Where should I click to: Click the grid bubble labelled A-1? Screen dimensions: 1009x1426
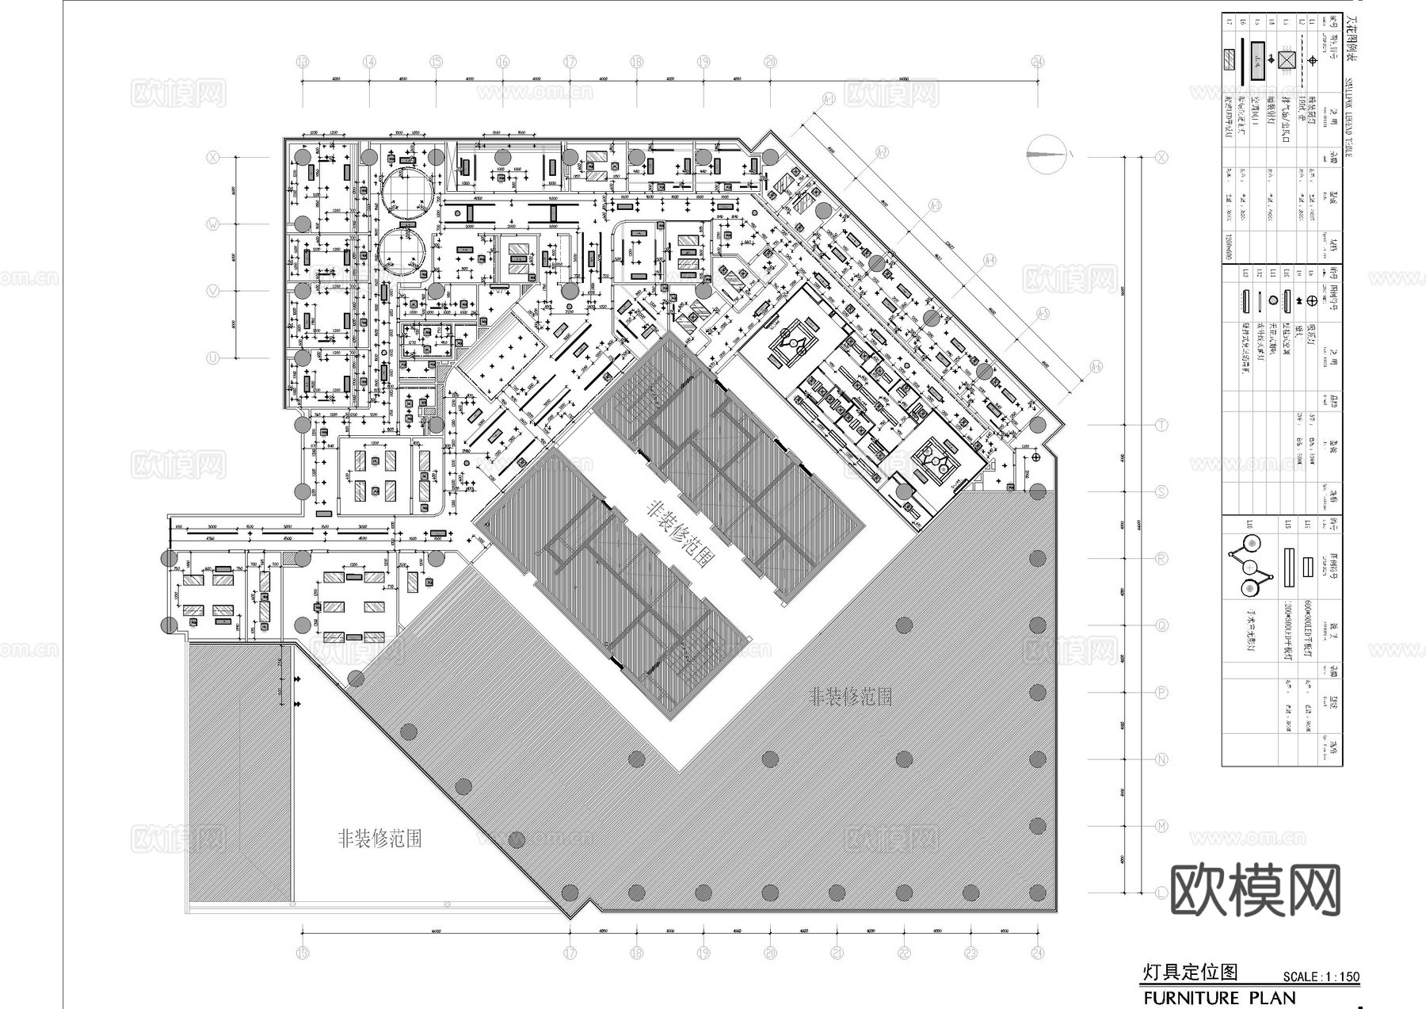pyautogui.click(x=829, y=99)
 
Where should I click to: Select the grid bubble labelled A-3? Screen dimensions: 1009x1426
pyautogui.click(x=936, y=206)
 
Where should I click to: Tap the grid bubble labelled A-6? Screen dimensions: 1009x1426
pyautogui.click(x=1096, y=367)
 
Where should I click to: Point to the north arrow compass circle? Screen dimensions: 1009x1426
pyautogui.click(x=1046, y=154)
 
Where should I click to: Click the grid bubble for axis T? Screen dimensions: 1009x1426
pyautogui.click(x=1161, y=425)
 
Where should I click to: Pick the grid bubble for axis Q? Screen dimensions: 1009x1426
pyautogui.click(x=1161, y=625)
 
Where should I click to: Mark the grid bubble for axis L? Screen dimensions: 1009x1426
pyautogui.click(x=1161, y=893)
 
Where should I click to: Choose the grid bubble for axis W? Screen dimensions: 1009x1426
pyautogui.click(x=213, y=224)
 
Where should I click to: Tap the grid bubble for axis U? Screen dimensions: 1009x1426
pyautogui.click(x=213, y=358)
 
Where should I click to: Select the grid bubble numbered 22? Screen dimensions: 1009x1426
pyautogui.click(x=905, y=953)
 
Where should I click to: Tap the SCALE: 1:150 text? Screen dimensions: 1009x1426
pyautogui.click(x=1321, y=977)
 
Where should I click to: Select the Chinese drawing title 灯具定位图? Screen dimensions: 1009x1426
pyautogui.click(x=1189, y=972)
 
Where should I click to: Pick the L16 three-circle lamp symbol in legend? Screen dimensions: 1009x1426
pyautogui.click(x=1251, y=566)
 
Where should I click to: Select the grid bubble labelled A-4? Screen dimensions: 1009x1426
pyautogui.click(x=989, y=260)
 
